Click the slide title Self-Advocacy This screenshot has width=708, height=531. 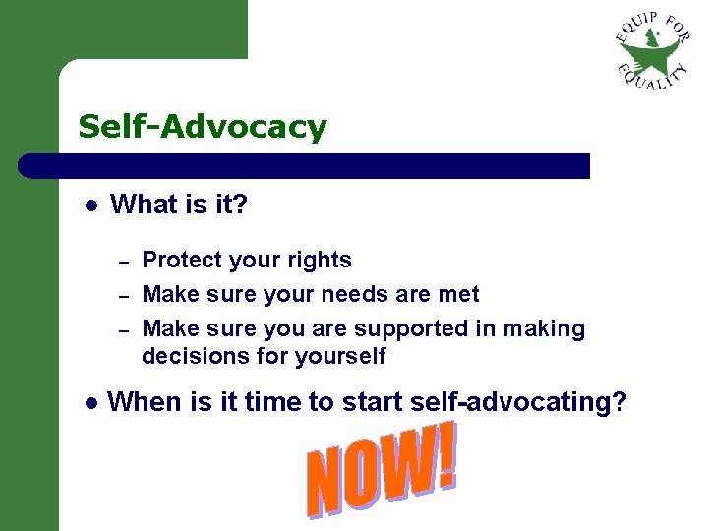202,127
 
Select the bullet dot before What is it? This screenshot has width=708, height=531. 88,206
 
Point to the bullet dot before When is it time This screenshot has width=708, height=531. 88,402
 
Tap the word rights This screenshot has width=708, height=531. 320,261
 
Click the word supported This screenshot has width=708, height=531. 408,328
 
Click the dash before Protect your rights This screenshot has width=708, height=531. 124,263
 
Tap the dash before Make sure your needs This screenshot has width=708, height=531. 124,296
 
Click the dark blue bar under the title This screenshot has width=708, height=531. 305,166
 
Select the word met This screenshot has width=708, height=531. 459,294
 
